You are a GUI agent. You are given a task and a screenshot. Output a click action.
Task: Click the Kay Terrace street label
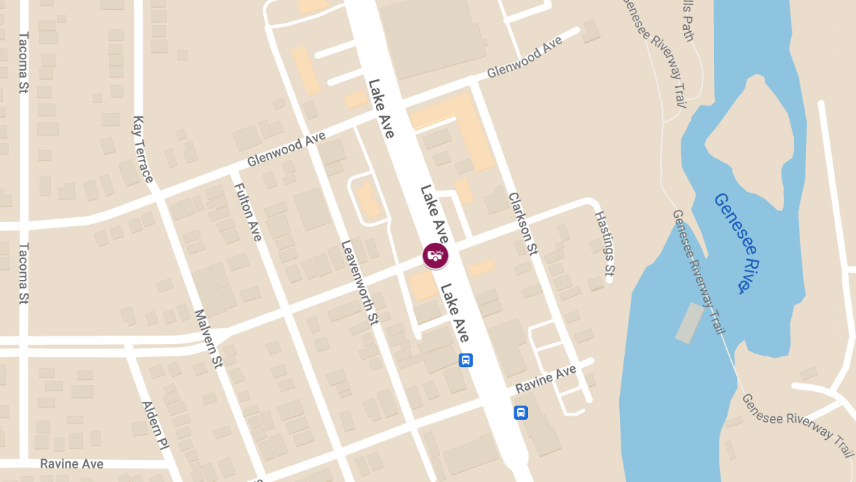[x=143, y=149]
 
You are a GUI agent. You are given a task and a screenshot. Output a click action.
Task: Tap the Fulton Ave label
[x=248, y=211]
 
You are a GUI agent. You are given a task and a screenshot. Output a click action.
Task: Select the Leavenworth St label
[x=359, y=283]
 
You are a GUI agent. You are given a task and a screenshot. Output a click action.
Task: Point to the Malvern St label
[x=209, y=338]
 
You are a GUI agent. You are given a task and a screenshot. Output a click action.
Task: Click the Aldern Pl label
[x=155, y=425]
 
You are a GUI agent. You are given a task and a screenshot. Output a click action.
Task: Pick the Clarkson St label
[x=523, y=223]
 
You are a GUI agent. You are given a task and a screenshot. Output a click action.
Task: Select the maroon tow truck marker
[x=436, y=255]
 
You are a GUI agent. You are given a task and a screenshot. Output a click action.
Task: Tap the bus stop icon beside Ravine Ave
[x=521, y=413]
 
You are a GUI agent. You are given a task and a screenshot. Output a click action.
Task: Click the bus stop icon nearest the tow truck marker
[x=465, y=360]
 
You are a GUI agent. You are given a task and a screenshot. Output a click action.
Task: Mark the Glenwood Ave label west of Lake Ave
[x=286, y=149]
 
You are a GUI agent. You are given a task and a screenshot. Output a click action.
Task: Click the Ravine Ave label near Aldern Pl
[x=71, y=463]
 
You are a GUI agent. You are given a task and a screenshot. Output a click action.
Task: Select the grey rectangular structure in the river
[x=689, y=323]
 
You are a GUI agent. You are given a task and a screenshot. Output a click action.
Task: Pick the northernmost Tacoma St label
[x=23, y=63]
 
